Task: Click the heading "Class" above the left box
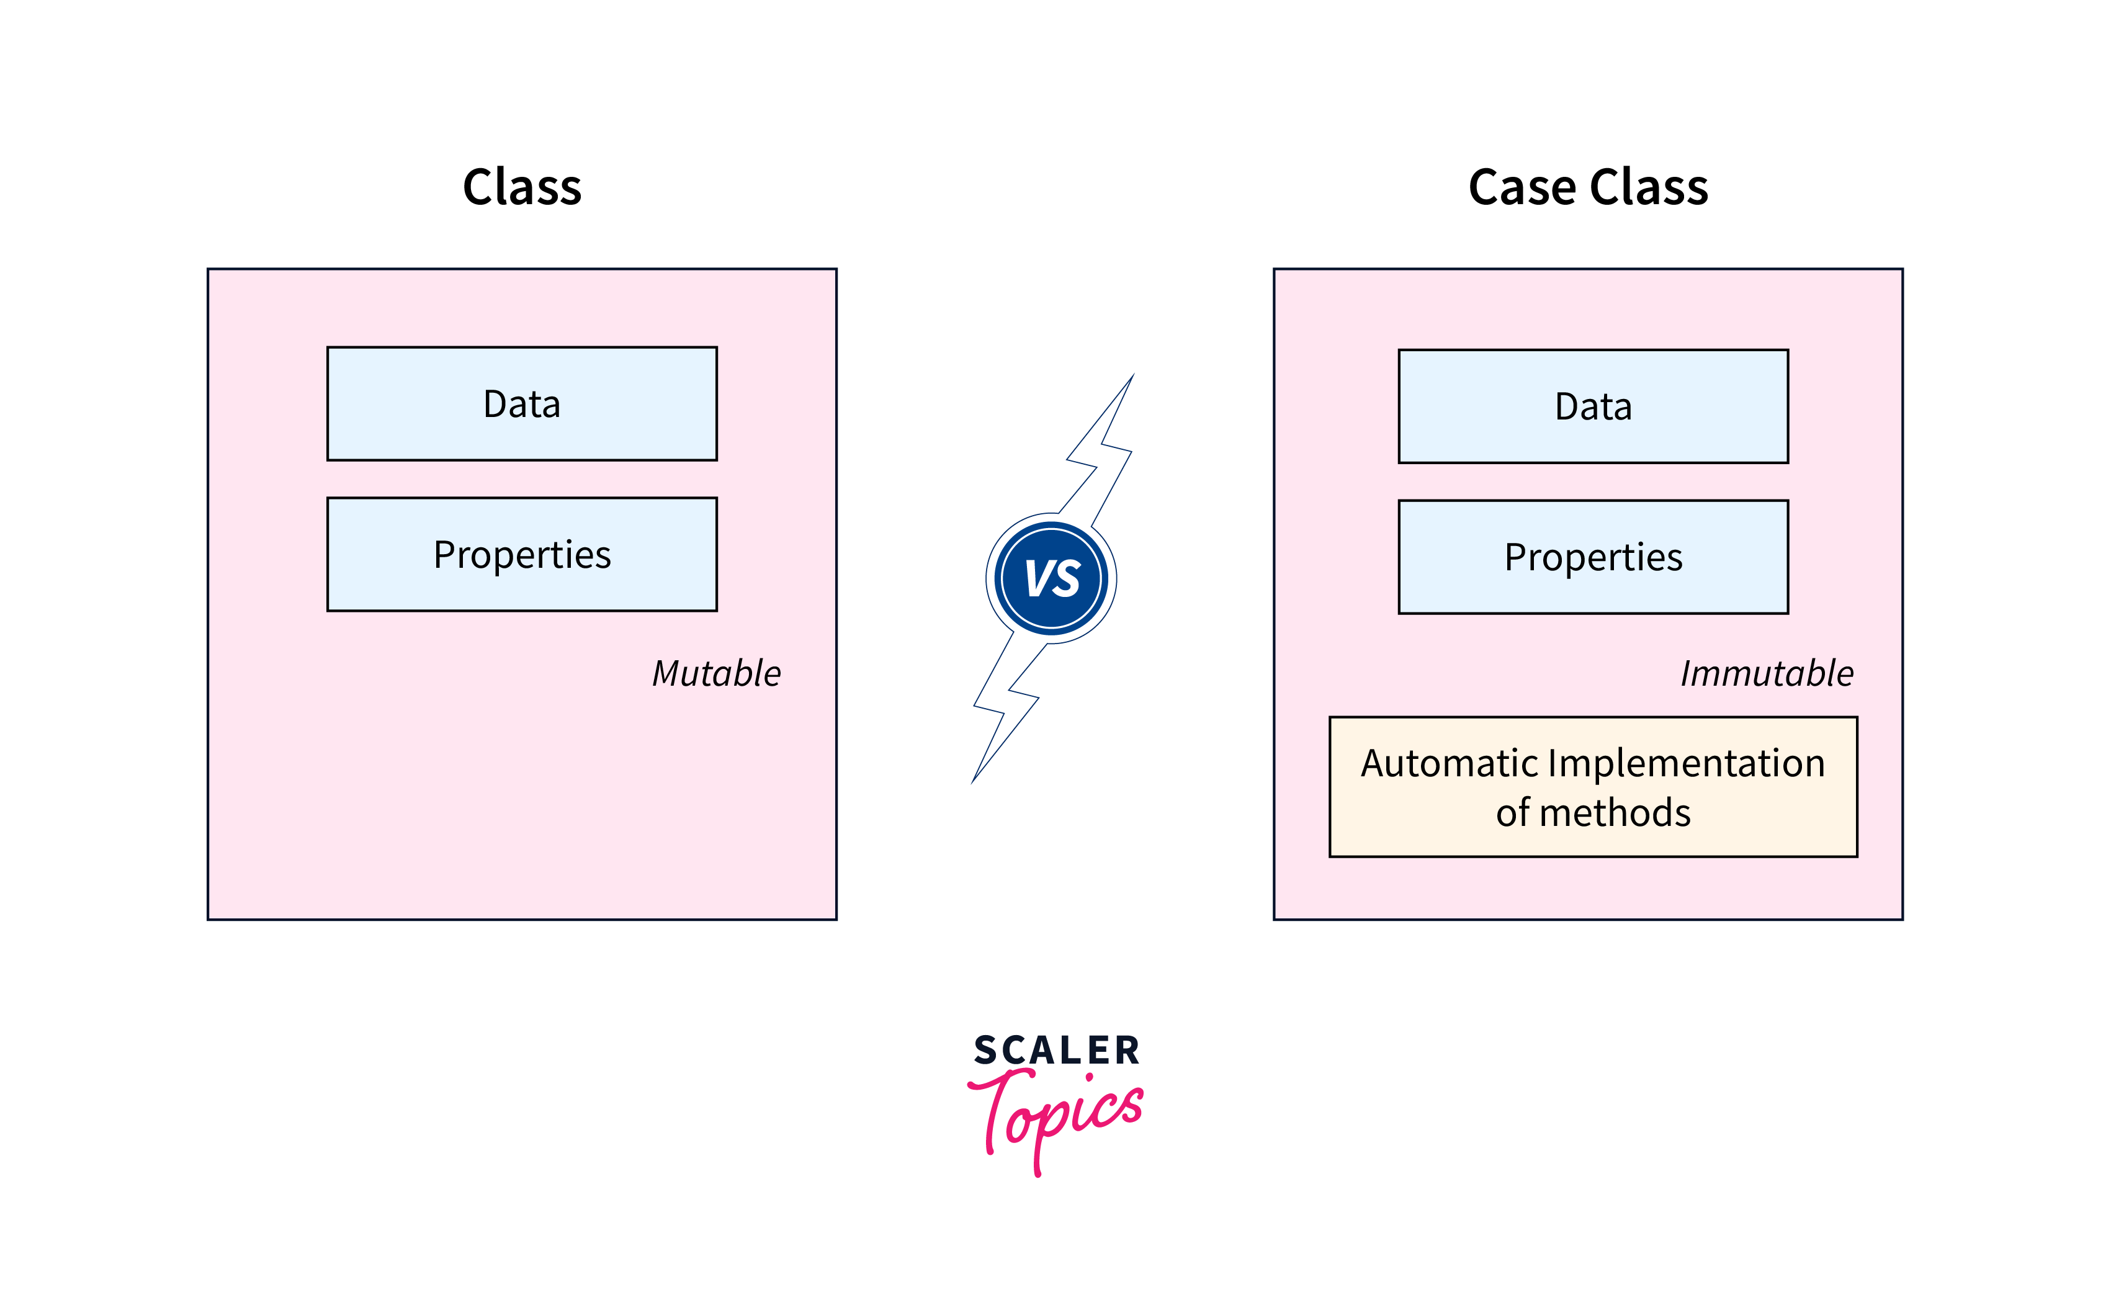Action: point(522,187)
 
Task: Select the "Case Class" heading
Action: point(1588,187)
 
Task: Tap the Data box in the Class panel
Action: point(522,404)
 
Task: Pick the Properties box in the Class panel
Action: point(522,554)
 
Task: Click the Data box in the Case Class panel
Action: point(1593,406)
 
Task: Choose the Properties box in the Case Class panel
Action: point(1593,557)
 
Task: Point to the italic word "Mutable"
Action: point(716,673)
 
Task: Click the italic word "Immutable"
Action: point(1767,673)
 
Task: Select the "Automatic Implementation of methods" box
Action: point(1593,787)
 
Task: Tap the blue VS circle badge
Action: point(1051,578)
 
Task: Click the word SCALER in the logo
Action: point(1056,1051)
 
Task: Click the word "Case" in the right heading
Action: point(1522,187)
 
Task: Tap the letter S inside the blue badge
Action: point(1067,578)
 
